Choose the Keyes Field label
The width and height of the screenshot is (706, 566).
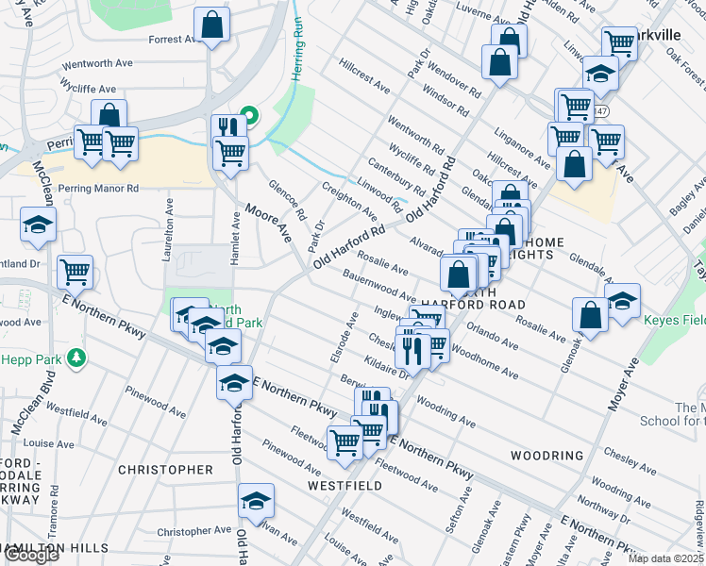[674, 320]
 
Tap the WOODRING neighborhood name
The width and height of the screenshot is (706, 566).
[546, 456]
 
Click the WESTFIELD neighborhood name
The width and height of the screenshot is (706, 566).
[345, 486]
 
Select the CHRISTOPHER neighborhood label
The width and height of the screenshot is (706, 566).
[165, 469]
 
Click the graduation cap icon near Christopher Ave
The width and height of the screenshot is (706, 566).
[255, 501]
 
